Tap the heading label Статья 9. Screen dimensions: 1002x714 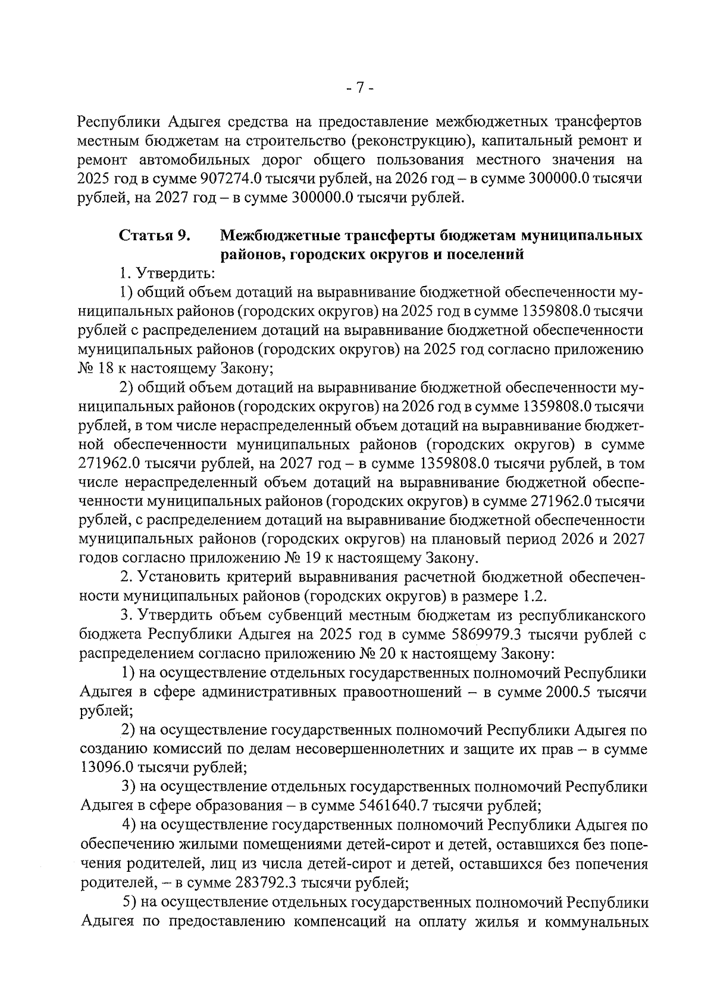pos(155,235)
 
